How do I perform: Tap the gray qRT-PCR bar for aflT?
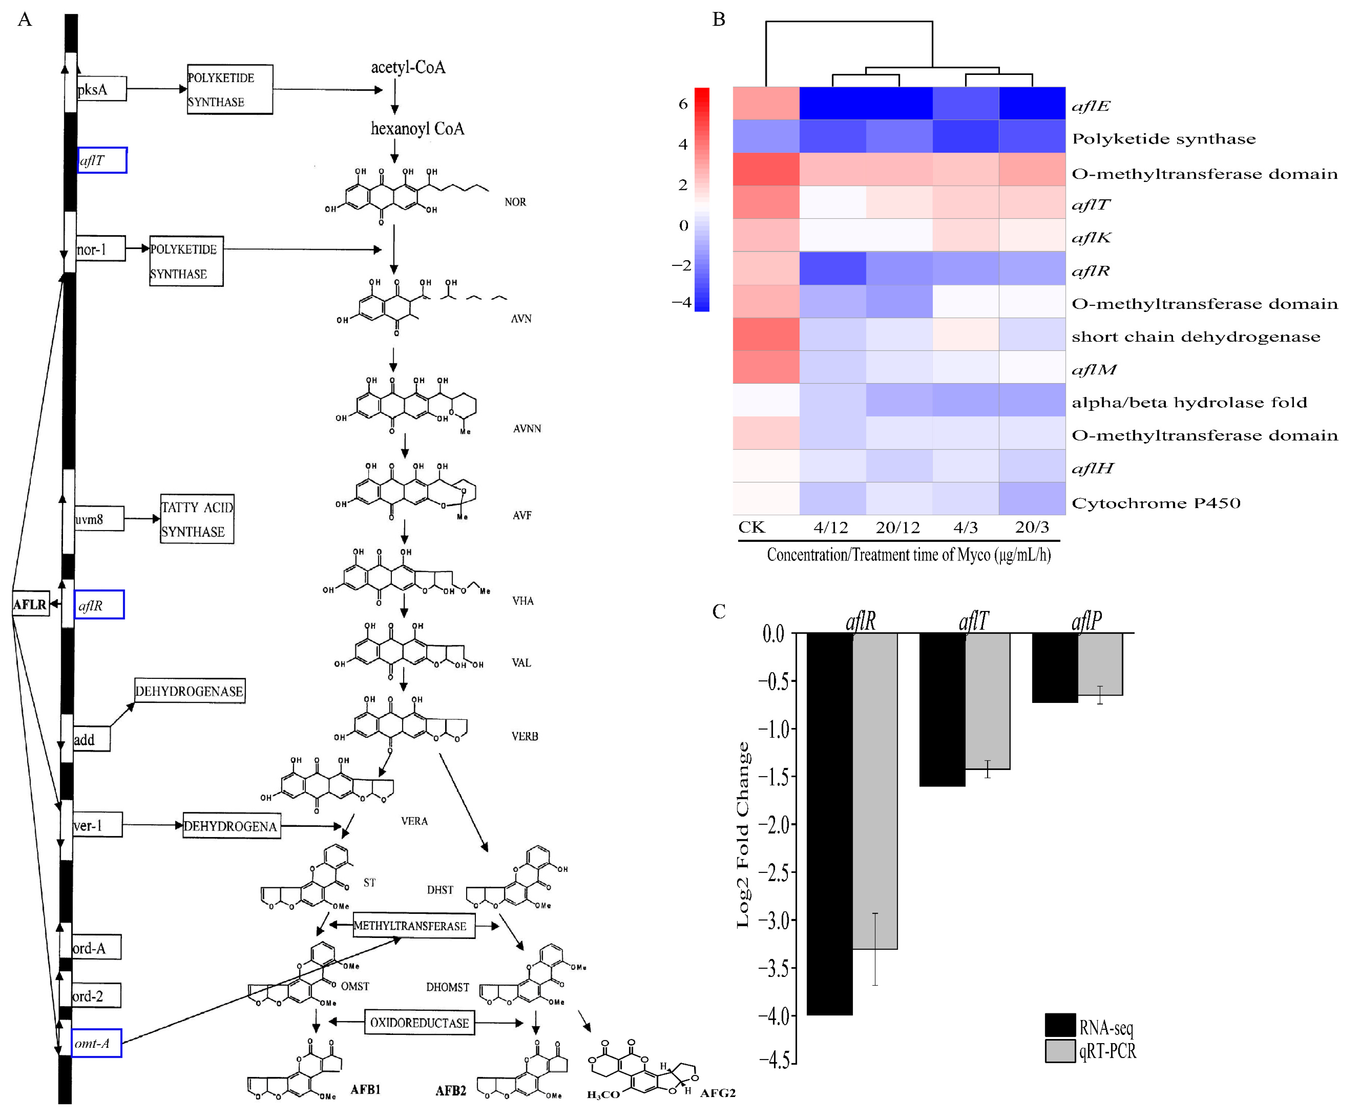click(x=987, y=701)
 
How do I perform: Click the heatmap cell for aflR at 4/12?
click(x=832, y=268)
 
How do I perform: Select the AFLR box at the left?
click(x=30, y=604)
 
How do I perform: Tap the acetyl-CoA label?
click(x=408, y=67)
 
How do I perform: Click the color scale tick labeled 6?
click(x=683, y=104)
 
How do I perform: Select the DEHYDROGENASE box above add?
click(x=189, y=690)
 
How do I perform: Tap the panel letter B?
click(x=719, y=19)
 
